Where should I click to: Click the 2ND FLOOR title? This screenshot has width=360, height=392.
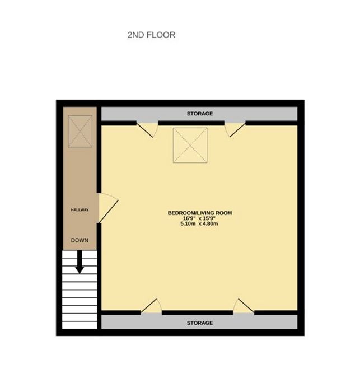151,35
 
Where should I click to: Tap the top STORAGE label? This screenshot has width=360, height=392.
200,114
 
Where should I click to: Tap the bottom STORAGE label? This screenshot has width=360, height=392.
200,323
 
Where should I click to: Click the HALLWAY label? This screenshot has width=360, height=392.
80,210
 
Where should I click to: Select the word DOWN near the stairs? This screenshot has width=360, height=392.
80,240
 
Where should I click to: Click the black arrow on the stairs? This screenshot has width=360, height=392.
80,262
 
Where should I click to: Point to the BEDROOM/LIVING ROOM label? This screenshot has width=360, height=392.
200,213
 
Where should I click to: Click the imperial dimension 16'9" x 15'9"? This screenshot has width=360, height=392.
199,218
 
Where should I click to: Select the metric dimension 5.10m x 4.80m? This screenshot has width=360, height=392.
199,223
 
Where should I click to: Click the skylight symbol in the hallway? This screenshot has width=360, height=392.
80,131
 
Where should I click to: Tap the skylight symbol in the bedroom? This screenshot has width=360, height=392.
190,145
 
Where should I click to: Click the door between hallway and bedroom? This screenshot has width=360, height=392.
107,208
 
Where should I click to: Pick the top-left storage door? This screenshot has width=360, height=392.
147,129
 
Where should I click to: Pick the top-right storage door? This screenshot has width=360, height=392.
235,129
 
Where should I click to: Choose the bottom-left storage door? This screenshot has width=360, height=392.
151,306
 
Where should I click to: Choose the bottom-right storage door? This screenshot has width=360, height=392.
244,306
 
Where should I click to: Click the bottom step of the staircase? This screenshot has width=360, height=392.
80,325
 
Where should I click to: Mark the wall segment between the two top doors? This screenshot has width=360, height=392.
191,123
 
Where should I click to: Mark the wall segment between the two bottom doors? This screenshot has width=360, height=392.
198,312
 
